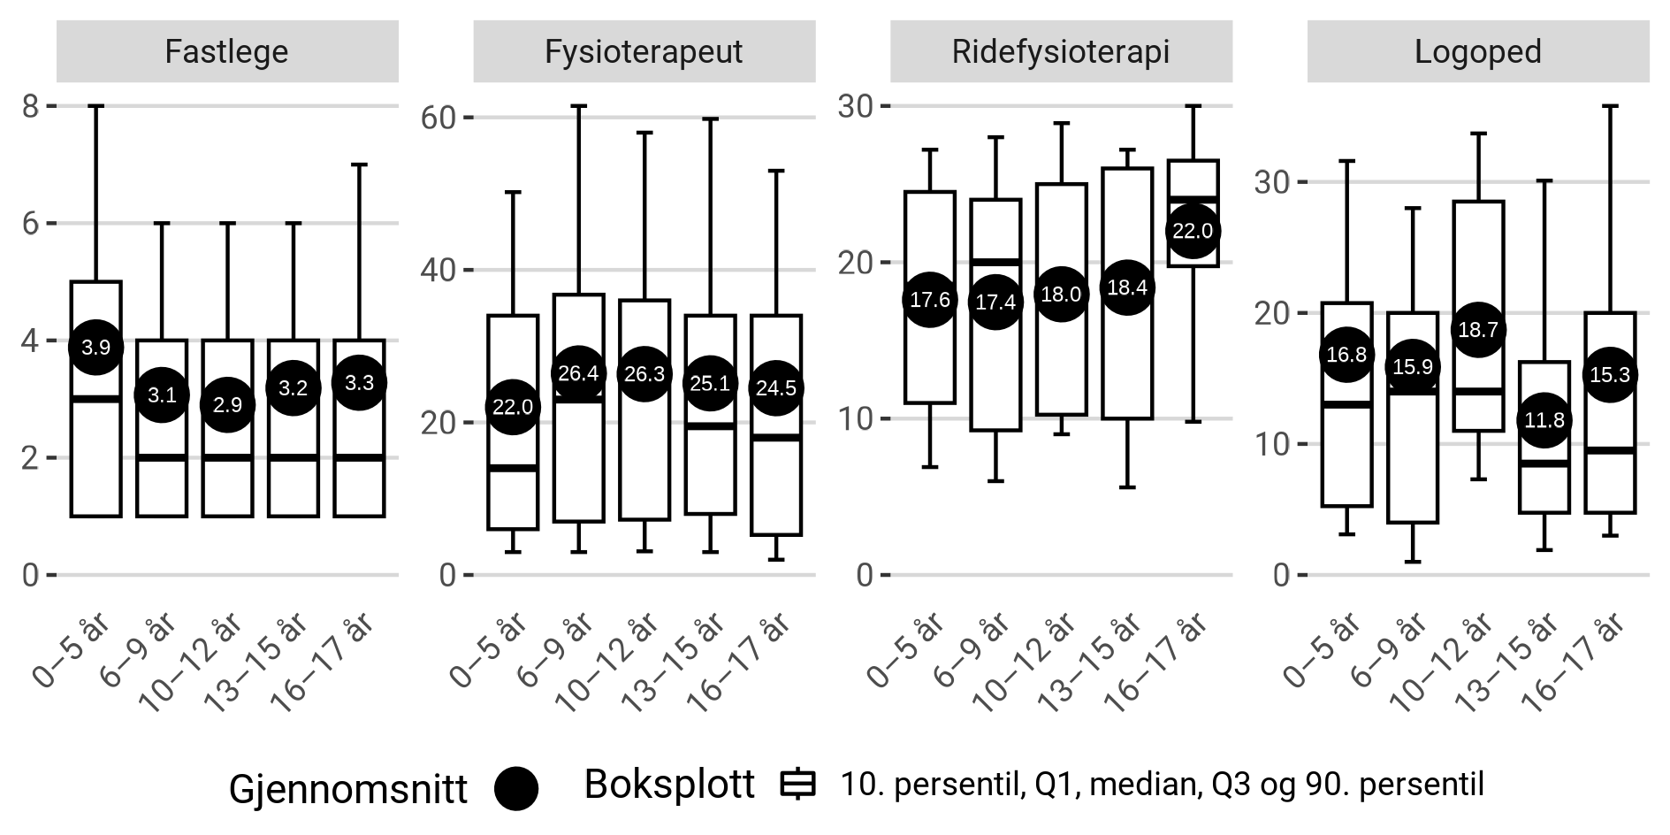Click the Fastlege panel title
tap(226, 51)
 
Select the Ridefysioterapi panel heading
tap(1060, 51)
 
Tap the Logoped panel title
tap(1477, 51)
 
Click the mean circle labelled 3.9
tap(95, 347)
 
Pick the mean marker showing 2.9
tap(227, 404)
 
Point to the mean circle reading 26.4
tap(578, 373)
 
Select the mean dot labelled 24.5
tap(775, 388)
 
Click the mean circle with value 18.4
tap(1126, 287)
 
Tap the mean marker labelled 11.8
tap(1544, 420)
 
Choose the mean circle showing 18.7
tap(1477, 330)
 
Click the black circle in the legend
tap(516, 787)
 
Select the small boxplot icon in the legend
tap(798, 785)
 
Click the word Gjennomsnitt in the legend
tap(347, 789)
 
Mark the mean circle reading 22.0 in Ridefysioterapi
tap(1192, 232)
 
